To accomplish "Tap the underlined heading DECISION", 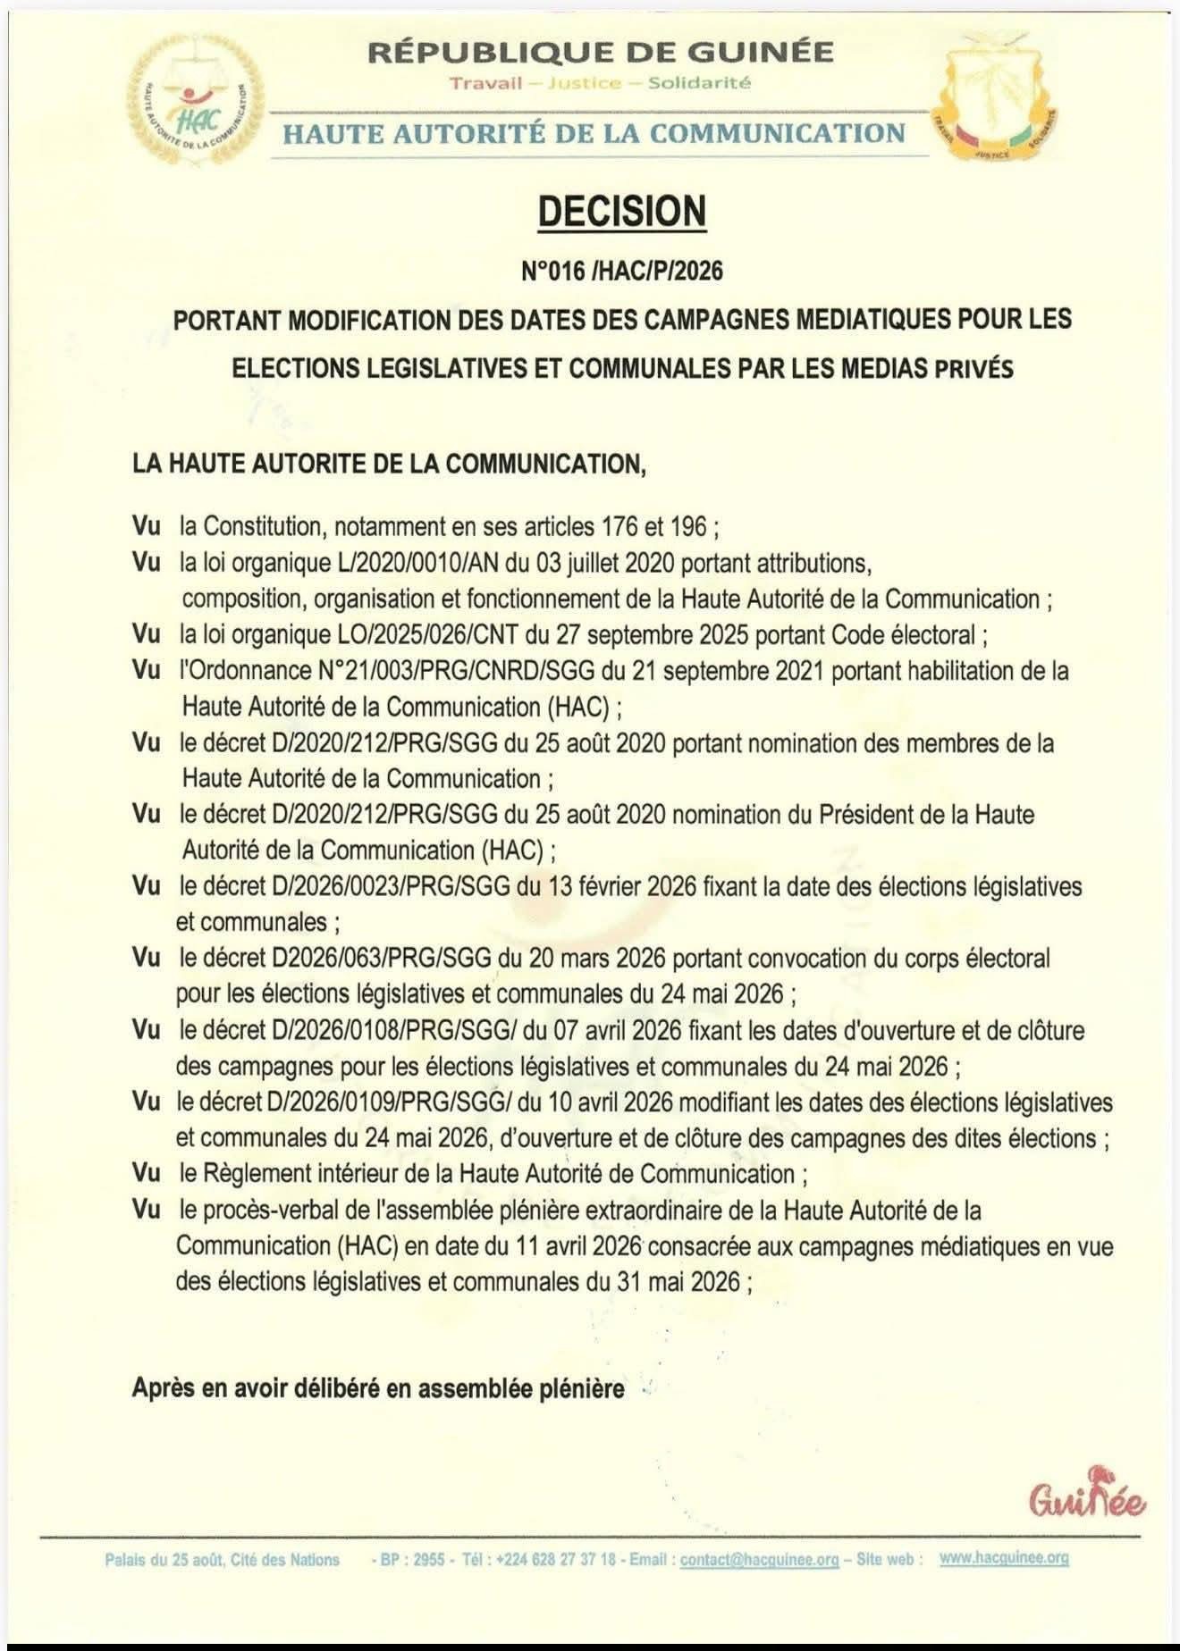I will click(621, 212).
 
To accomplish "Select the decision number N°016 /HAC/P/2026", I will click(621, 270).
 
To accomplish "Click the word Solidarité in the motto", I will click(699, 83).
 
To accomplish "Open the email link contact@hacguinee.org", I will click(759, 1560).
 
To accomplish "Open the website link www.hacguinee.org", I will click(1004, 1558).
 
